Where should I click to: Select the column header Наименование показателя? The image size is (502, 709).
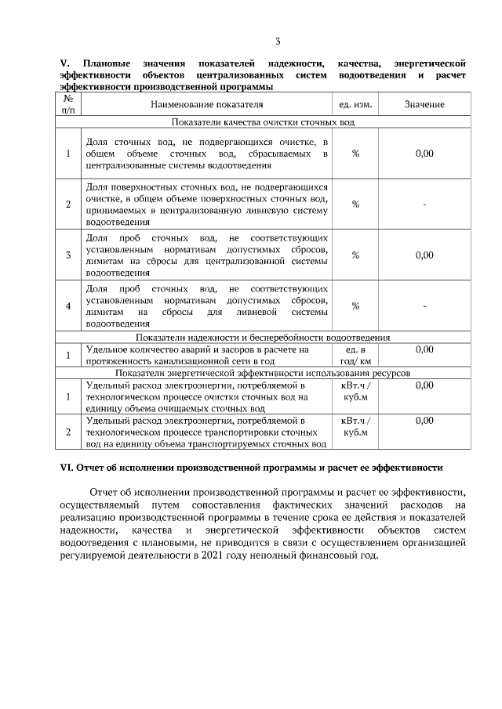(x=207, y=104)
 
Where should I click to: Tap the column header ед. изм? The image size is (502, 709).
(x=355, y=104)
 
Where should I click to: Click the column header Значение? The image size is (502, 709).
(x=424, y=104)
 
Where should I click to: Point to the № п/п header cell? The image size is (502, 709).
(x=68, y=104)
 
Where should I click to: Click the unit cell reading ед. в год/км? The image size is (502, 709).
(x=355, y=356)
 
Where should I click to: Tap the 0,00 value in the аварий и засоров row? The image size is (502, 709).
(x=424, y=349)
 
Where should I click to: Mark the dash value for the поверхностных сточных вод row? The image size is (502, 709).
(x=424, y=204)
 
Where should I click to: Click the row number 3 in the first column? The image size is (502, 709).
(x=68, y=255)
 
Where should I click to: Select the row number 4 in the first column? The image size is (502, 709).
(x=68, y=306)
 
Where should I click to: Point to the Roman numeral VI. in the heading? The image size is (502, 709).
(x=67, y=468)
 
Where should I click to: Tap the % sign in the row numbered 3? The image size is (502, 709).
(x=355, y=255)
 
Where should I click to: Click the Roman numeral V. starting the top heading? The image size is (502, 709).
(x=65, y=62)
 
